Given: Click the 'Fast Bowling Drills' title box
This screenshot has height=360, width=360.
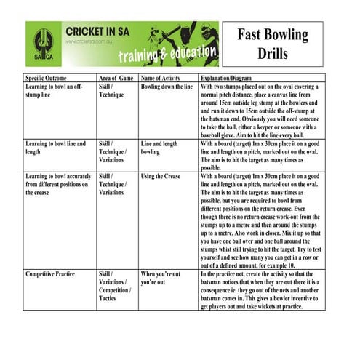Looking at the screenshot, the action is pos(272,44).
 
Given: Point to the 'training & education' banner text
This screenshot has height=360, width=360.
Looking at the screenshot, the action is pos(168,55).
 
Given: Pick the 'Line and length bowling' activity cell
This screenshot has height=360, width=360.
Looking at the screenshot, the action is pos(159,148).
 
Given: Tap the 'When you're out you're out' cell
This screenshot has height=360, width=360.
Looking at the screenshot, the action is pos(160,278).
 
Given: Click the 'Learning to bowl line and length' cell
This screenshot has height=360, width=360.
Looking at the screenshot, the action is pos(55,148).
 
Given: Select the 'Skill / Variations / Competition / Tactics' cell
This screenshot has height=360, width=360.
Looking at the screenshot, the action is pos(115,289).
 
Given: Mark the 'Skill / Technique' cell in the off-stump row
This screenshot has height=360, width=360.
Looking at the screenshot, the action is pos(113,90).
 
